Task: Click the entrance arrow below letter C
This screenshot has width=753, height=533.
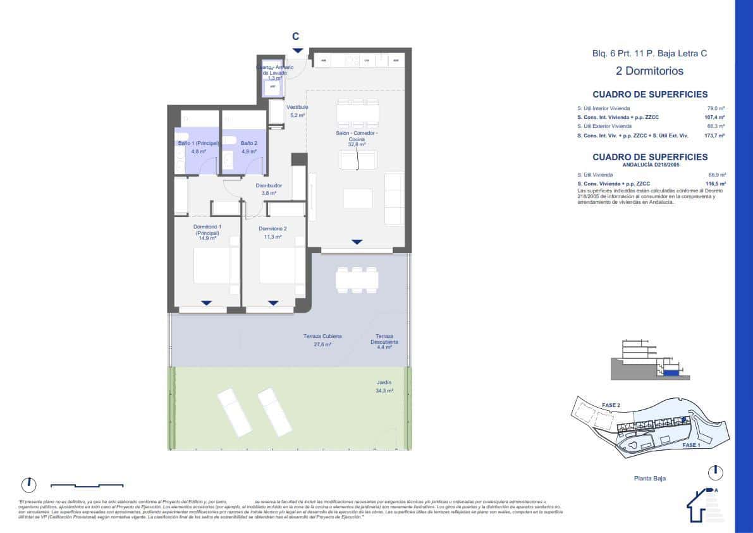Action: pos(297,51)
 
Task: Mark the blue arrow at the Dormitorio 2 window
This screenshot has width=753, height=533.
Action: pos(272,303)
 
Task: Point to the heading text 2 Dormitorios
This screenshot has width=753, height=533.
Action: pos(649,72)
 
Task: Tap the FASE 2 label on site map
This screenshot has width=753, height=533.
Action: pos(610,405)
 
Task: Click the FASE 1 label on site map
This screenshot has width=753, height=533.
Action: pos(690,445)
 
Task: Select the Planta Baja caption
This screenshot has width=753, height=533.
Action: pos(649,479)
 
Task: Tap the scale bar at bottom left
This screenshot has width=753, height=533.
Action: pos(87,486)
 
